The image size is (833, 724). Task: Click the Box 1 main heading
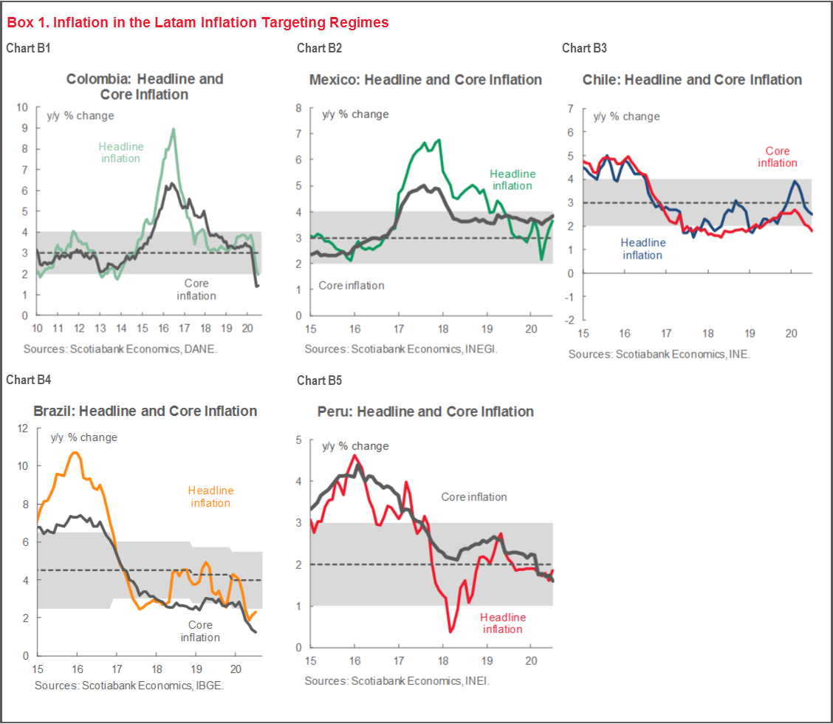coord(198,23)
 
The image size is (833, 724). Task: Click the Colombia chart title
coord(145,86)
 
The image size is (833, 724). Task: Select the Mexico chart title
coord(425,80)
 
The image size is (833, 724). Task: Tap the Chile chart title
coord(692,80)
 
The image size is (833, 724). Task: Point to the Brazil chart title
coord(145,411)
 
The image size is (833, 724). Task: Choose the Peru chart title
coord(425,411)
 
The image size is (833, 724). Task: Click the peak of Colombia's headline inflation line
coord(173,129)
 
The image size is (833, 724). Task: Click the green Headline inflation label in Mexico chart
coord(513,180)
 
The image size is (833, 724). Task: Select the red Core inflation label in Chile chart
coord(777,157)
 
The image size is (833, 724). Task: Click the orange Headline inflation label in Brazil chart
coord(210,496)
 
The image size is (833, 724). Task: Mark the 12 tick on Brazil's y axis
coord(23,428)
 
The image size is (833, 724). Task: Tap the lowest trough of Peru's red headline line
coord(450,632)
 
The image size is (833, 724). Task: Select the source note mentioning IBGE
coord(129,686)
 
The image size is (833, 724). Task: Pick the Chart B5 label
coord(319,380)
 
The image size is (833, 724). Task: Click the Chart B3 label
coord(584,48)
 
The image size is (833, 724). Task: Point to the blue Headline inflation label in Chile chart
coord(642,248)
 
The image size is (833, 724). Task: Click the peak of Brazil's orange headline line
coord(73,452)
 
